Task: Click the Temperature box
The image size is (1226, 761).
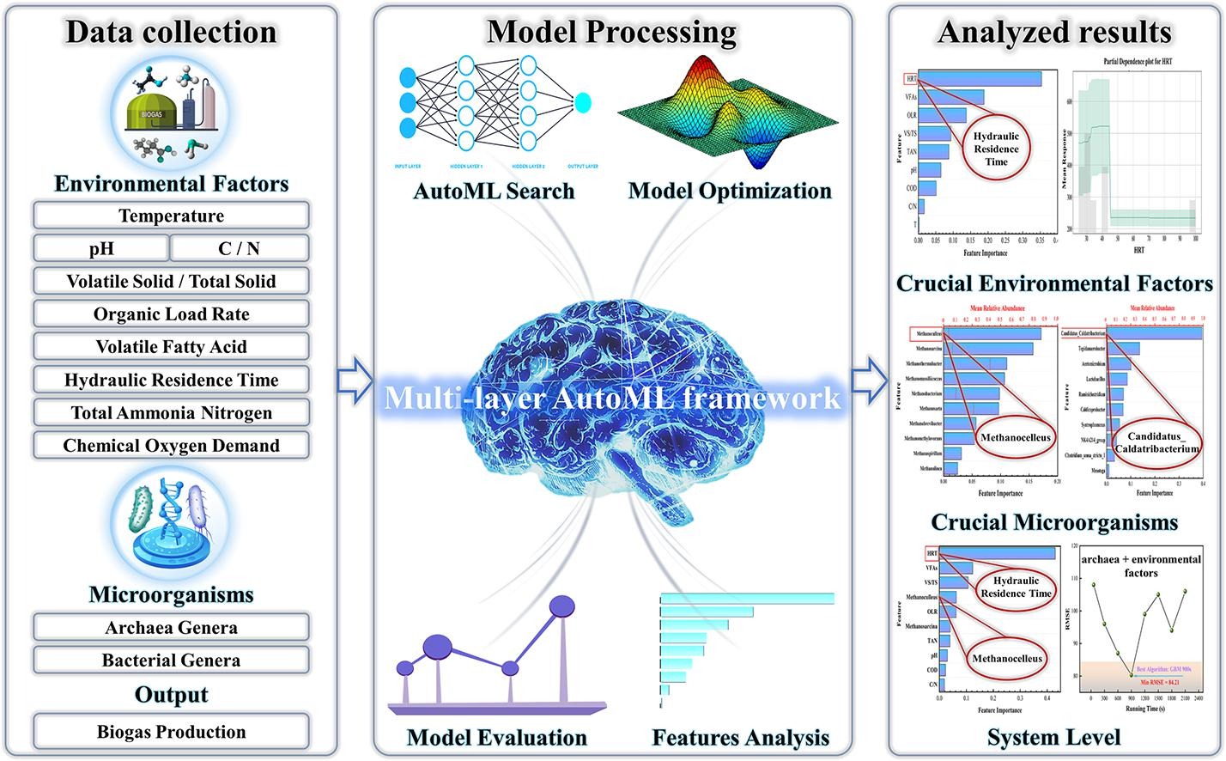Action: point(171,216)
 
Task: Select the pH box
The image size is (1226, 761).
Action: point(101,248)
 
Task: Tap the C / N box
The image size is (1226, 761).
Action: point(239,248)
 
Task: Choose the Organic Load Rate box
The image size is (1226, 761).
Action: point(171,314)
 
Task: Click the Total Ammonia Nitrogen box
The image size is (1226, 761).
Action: point(171,413)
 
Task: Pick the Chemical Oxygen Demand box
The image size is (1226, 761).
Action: point(171,446)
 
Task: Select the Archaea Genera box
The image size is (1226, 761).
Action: point(171,628)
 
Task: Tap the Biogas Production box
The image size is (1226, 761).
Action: point(171,733)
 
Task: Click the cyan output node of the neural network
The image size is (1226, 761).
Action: point(583,102)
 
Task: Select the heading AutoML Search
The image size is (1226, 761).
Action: point(494,191)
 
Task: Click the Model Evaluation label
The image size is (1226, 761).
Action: point(497,737)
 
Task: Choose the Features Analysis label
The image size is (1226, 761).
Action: point(741,737)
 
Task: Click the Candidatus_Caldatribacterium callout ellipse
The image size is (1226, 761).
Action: point(1156,442)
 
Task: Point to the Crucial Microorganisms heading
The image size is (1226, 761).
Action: point(1054,522)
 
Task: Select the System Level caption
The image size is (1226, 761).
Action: point(1053,737)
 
